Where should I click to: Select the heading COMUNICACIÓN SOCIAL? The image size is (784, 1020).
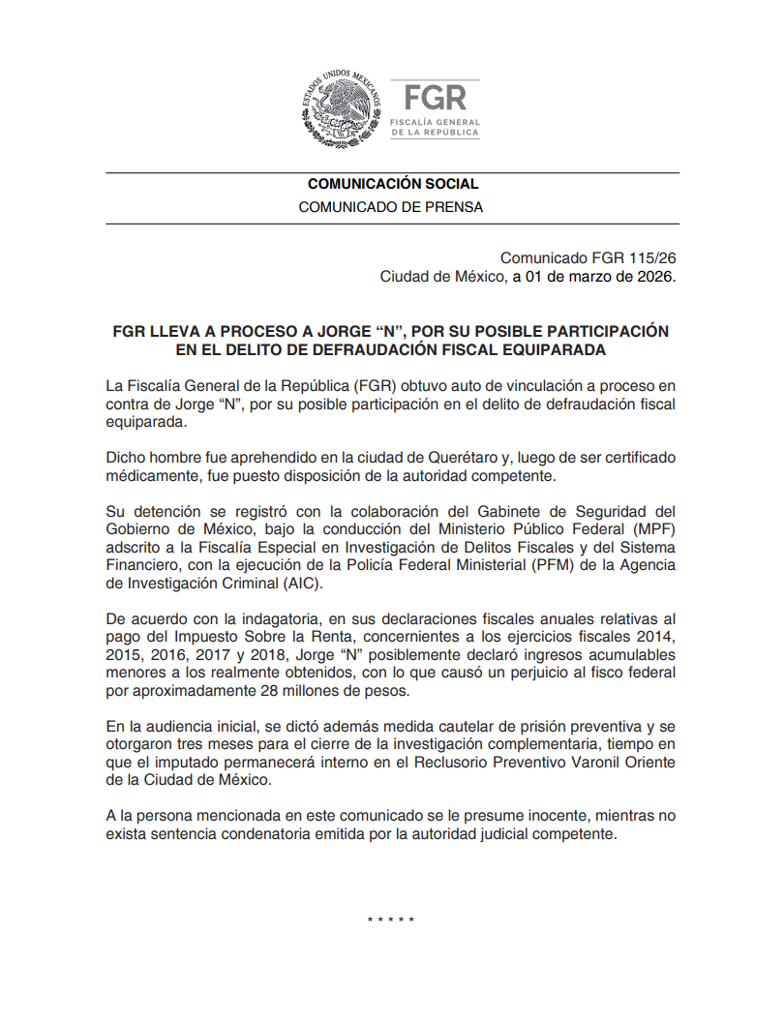click(x=392, y=184)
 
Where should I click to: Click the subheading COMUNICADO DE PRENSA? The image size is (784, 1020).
click(x=392, y=207)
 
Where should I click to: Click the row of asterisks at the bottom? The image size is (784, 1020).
click(x=391, y=917)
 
